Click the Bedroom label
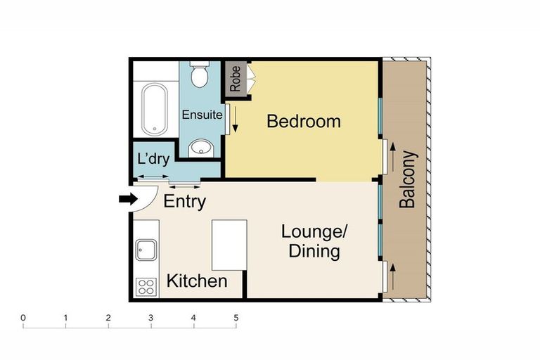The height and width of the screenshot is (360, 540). (303, 122)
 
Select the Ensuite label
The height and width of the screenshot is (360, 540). (202, 114)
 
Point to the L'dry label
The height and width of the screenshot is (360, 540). (153, 159)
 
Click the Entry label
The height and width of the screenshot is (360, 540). (184, 202)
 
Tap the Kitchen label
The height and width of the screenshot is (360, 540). (196, 282)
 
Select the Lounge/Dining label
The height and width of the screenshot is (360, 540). (315, 240)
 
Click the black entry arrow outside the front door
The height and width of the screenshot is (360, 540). (129, 200)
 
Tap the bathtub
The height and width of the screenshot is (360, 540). (153, 109)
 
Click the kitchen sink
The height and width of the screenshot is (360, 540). (146, 250)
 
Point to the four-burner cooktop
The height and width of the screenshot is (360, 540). (146, 286)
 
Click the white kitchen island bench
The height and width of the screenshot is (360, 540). (229, 245)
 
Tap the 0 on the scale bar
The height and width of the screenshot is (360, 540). (23, 318)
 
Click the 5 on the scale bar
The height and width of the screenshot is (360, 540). (236, 318)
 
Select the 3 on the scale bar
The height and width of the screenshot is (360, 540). (150, 318)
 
